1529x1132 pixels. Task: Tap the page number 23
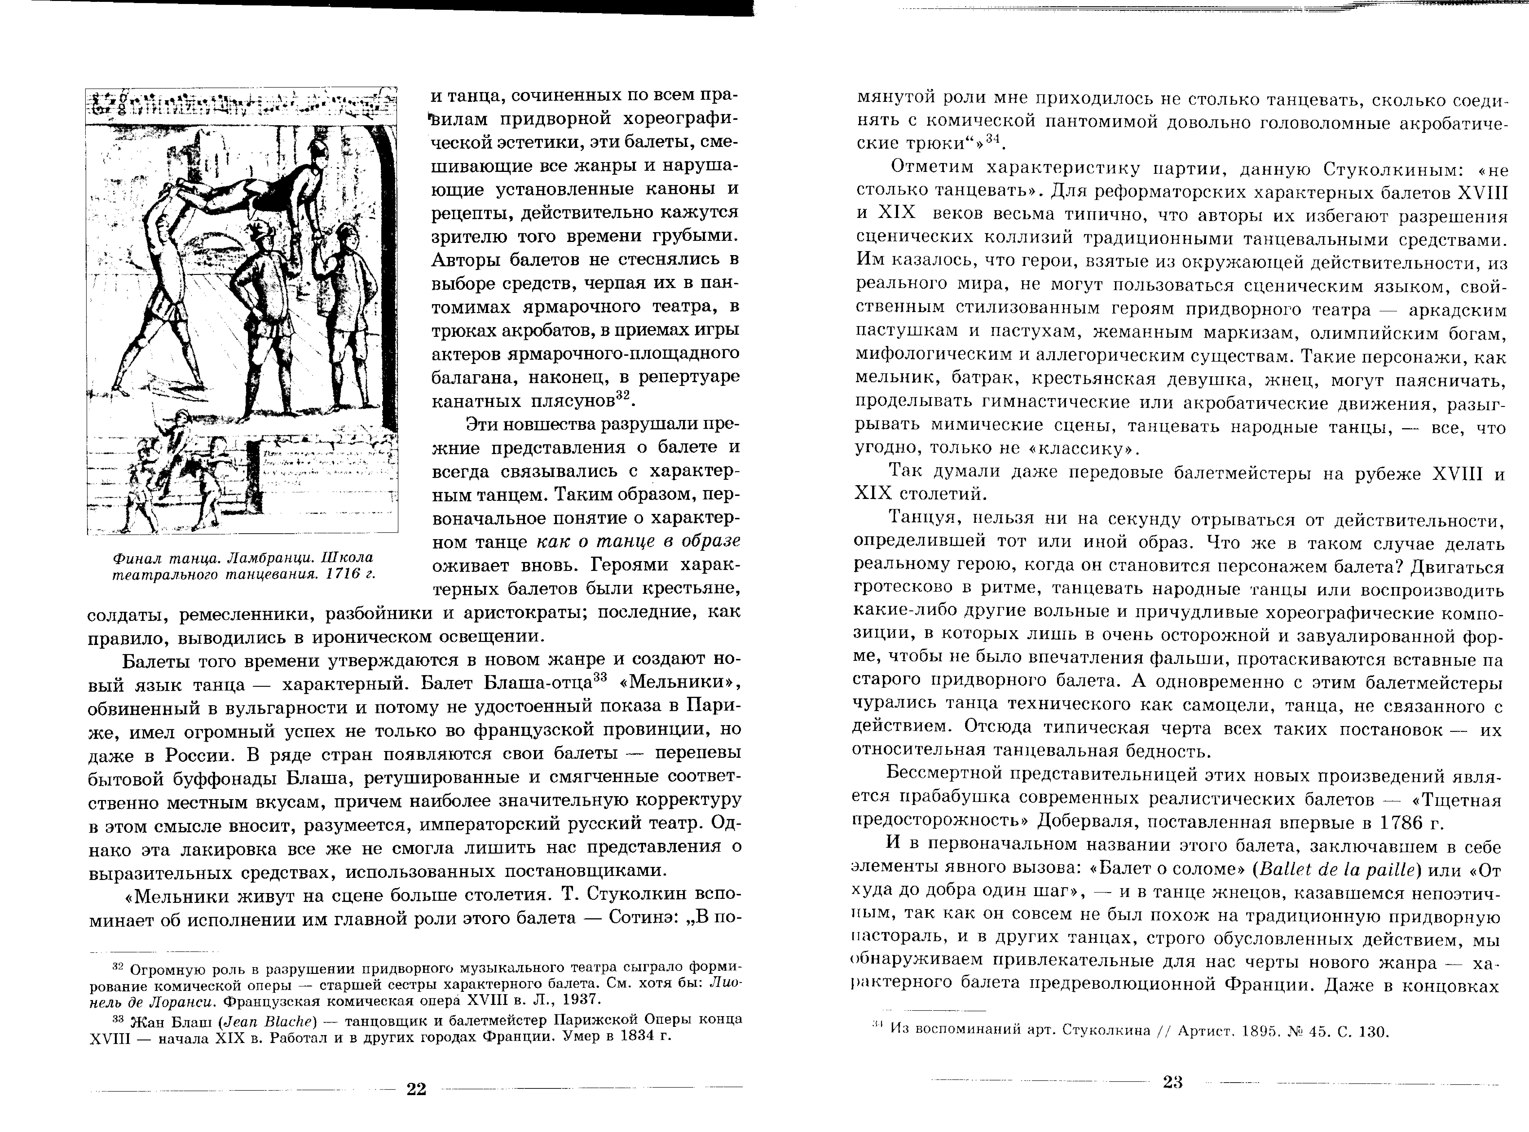(x=1173, y=1083)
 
